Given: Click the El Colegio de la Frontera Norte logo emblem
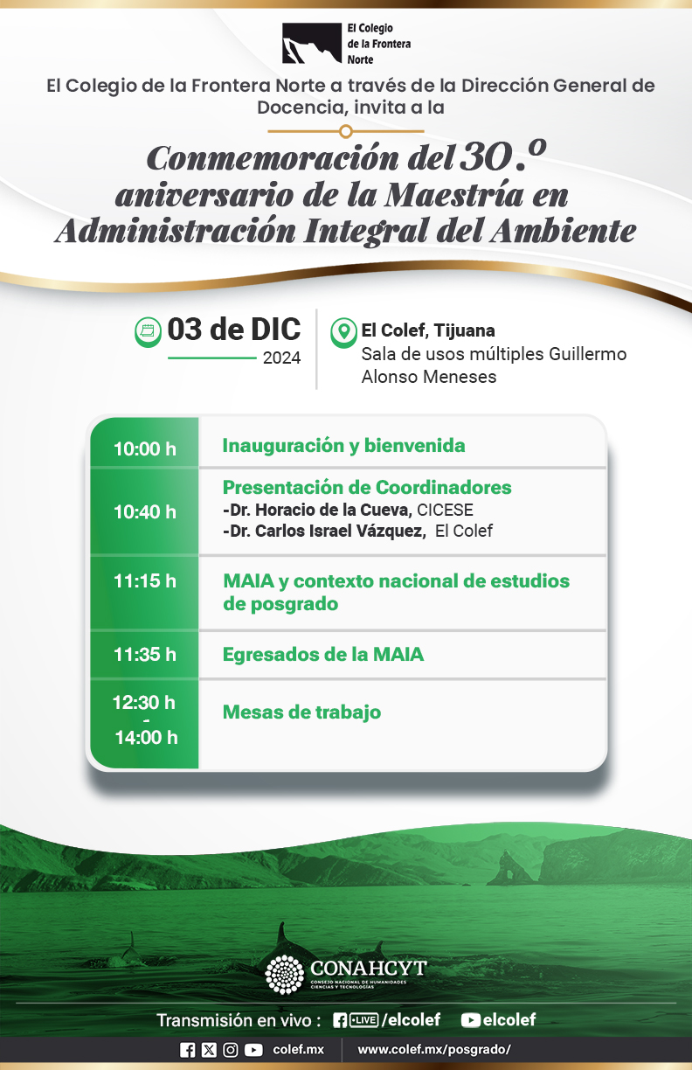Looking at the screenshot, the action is click(x=311, y=44).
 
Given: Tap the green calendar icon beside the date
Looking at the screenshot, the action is click(x=148, y=331).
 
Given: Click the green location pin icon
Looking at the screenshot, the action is click(x=344, y=332).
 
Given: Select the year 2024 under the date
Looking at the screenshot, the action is click(x=281, y=358).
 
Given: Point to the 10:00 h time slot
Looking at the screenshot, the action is click(x=145, y=449).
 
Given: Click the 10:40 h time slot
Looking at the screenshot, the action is click(x=145, y=512).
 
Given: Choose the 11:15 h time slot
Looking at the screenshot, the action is click(x=145, y=580).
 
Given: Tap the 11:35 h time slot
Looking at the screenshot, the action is click(x=145, y=655).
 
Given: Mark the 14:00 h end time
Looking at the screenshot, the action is click(x=146, y=738).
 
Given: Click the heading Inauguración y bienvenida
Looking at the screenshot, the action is click(x=344, y=446).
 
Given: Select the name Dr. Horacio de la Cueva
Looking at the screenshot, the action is click(x=317, y=511).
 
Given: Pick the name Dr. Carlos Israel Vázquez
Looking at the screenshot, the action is click(x=324, y=531).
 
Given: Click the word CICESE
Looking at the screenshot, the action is click(x=445, y=511).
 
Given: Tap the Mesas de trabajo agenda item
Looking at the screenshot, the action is click(x=301, y=712).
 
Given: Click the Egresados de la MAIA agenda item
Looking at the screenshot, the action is click(x=323, y=655).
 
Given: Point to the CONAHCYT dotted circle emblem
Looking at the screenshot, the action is click(x=285, y=975).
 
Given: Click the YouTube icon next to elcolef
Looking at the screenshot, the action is click(x=470, y=1020).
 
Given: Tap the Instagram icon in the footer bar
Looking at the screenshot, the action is click(x=231, y=1050).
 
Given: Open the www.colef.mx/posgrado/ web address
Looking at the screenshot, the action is click(x=434, y=1050).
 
